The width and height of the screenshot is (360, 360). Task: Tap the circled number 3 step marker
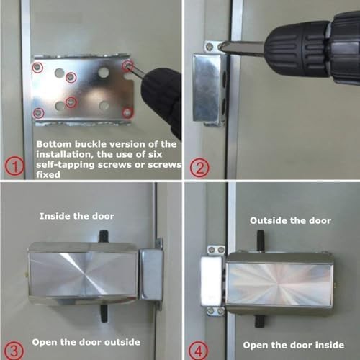pyautogui.click(x=17, y=349)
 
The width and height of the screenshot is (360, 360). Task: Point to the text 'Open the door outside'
pyautogui.click(x=90, y=342)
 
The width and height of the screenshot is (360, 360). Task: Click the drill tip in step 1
pyautogui.click(x=137, y=73)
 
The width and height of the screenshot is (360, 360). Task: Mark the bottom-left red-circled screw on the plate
pyautogui.click(x=38, y=113)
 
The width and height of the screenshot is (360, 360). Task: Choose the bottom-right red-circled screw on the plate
pyautogui.click(x=127, y=112)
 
